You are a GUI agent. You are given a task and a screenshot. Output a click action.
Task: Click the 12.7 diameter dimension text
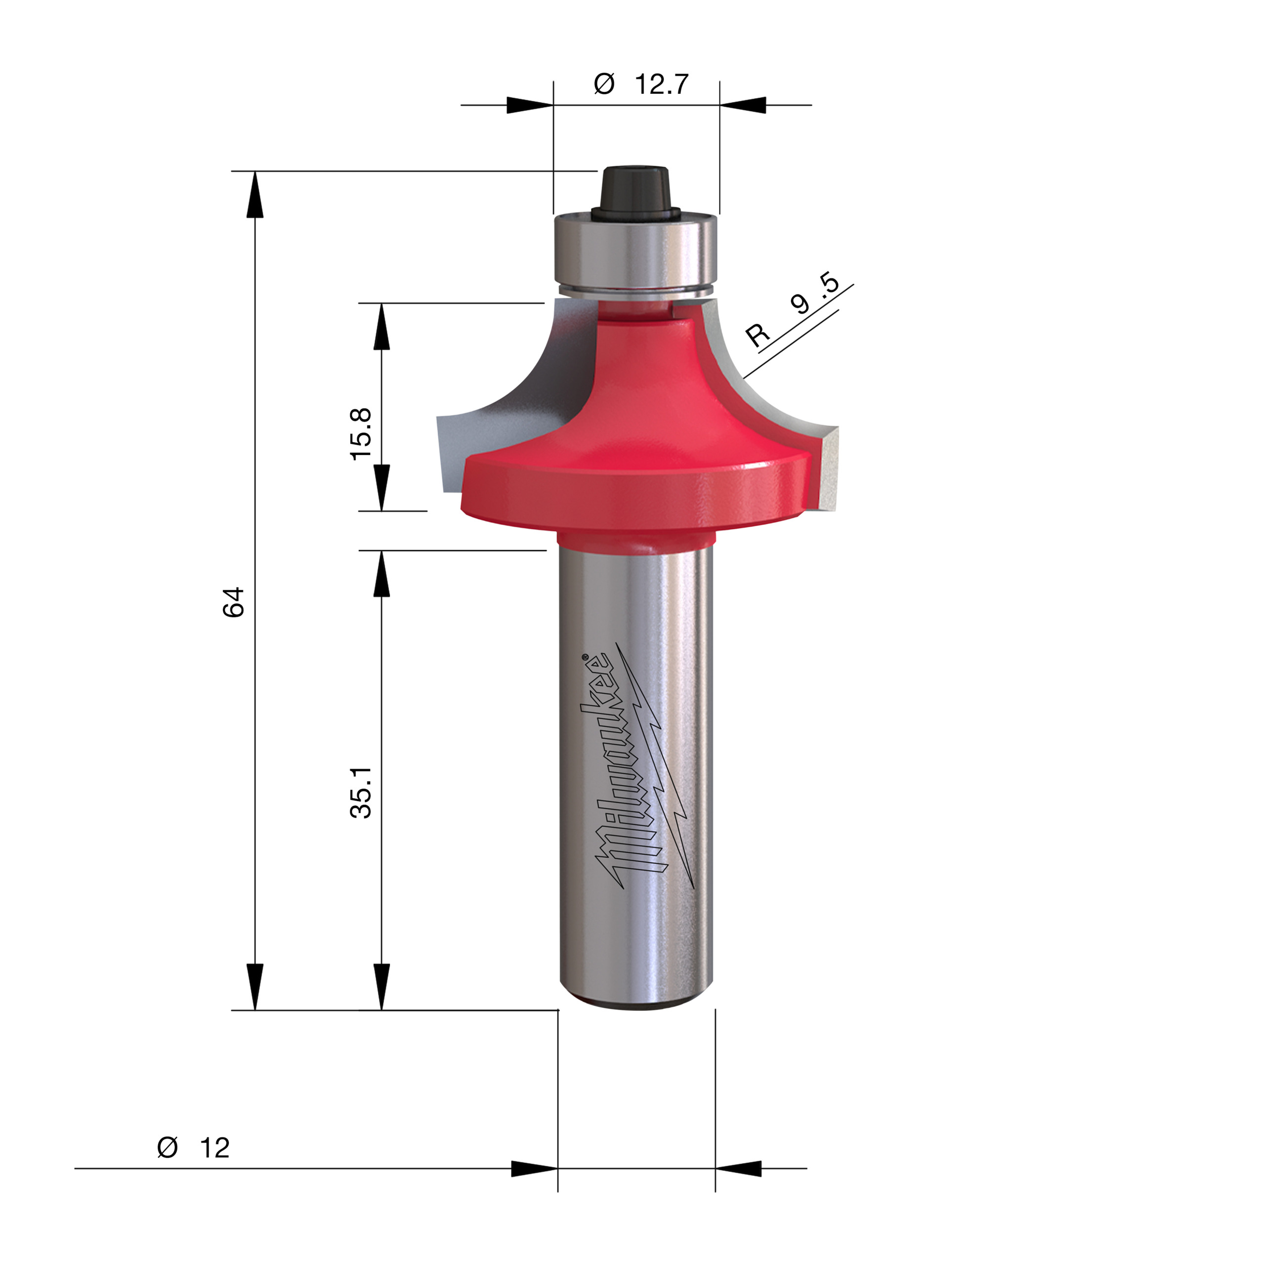click(661, 84)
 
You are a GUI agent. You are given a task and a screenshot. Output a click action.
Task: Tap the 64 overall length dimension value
click(234, 602)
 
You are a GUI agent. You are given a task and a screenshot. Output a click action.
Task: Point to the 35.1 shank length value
click(361, 793)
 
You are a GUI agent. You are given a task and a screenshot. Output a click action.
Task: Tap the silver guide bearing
click(635, 252)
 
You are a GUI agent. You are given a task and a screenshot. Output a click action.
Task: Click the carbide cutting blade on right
click(828, 466)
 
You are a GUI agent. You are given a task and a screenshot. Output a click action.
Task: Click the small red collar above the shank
click(635, 540)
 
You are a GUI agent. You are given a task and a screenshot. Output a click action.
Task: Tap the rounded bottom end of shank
click(635, 1002)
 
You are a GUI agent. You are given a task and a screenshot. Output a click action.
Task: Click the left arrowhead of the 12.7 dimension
click(529, 105)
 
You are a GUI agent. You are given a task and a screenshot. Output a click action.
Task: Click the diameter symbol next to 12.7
click(604, 84)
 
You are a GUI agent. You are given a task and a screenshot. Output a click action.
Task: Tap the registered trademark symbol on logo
click(586, 655)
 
